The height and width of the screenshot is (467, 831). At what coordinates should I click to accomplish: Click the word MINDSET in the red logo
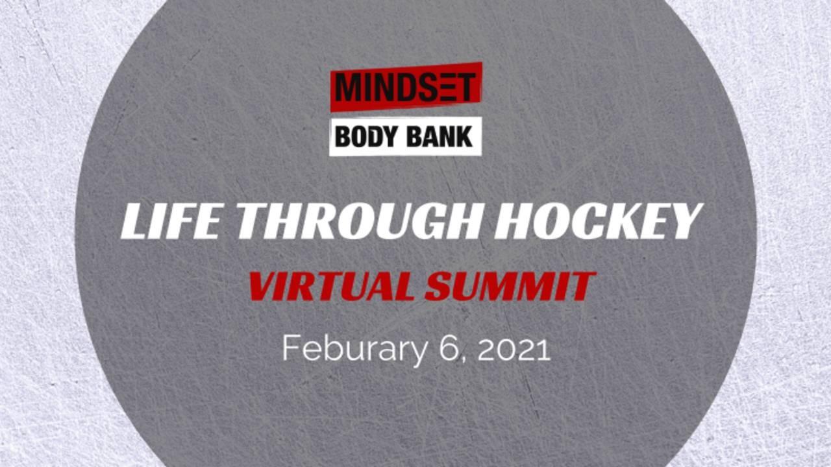406,88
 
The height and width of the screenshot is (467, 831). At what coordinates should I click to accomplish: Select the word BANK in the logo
440,137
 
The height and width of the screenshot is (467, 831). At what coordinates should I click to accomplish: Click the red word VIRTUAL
331,286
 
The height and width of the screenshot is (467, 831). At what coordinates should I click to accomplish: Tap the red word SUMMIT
510,286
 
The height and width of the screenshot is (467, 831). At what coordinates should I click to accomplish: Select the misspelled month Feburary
354,349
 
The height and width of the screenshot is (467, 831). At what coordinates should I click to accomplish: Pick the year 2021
514,348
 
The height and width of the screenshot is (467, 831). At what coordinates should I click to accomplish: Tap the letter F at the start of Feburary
291,348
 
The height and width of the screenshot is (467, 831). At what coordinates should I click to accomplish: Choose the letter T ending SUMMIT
581,286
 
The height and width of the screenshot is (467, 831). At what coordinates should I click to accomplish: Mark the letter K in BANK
464,137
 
